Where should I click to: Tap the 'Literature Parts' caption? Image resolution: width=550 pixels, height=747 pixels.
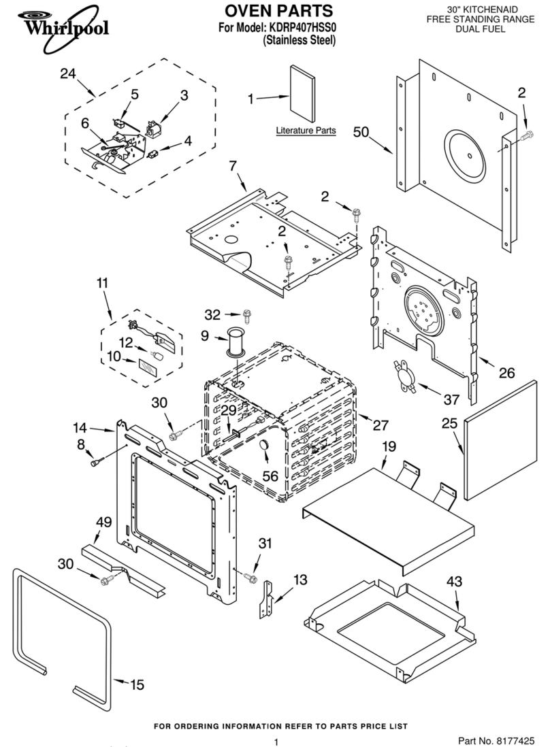pos(306,130)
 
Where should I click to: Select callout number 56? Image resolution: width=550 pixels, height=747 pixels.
pos(270,476)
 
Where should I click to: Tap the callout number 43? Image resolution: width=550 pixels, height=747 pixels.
pos(454,582)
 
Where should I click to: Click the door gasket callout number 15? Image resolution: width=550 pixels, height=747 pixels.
pos(137,684)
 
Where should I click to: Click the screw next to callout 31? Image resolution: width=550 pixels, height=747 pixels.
pos(250,578)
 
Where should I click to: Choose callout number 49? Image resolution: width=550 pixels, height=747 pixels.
pos(103,522)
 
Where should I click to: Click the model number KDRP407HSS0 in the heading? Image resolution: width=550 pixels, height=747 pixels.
pos(297,29)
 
